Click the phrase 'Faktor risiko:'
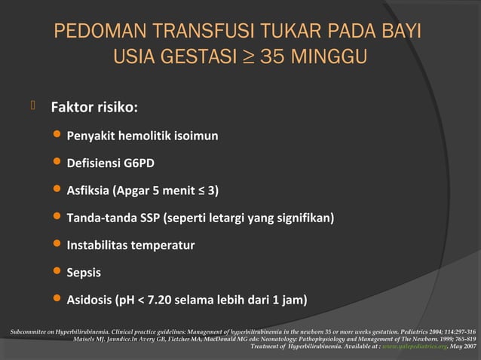click(93, 107)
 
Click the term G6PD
click(142, 163)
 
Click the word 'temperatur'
click(163, 245)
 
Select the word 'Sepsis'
click(84, 272)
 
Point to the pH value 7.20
click(160, 300)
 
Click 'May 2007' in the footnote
click(461, 346)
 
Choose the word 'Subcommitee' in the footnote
click(24, 331)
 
